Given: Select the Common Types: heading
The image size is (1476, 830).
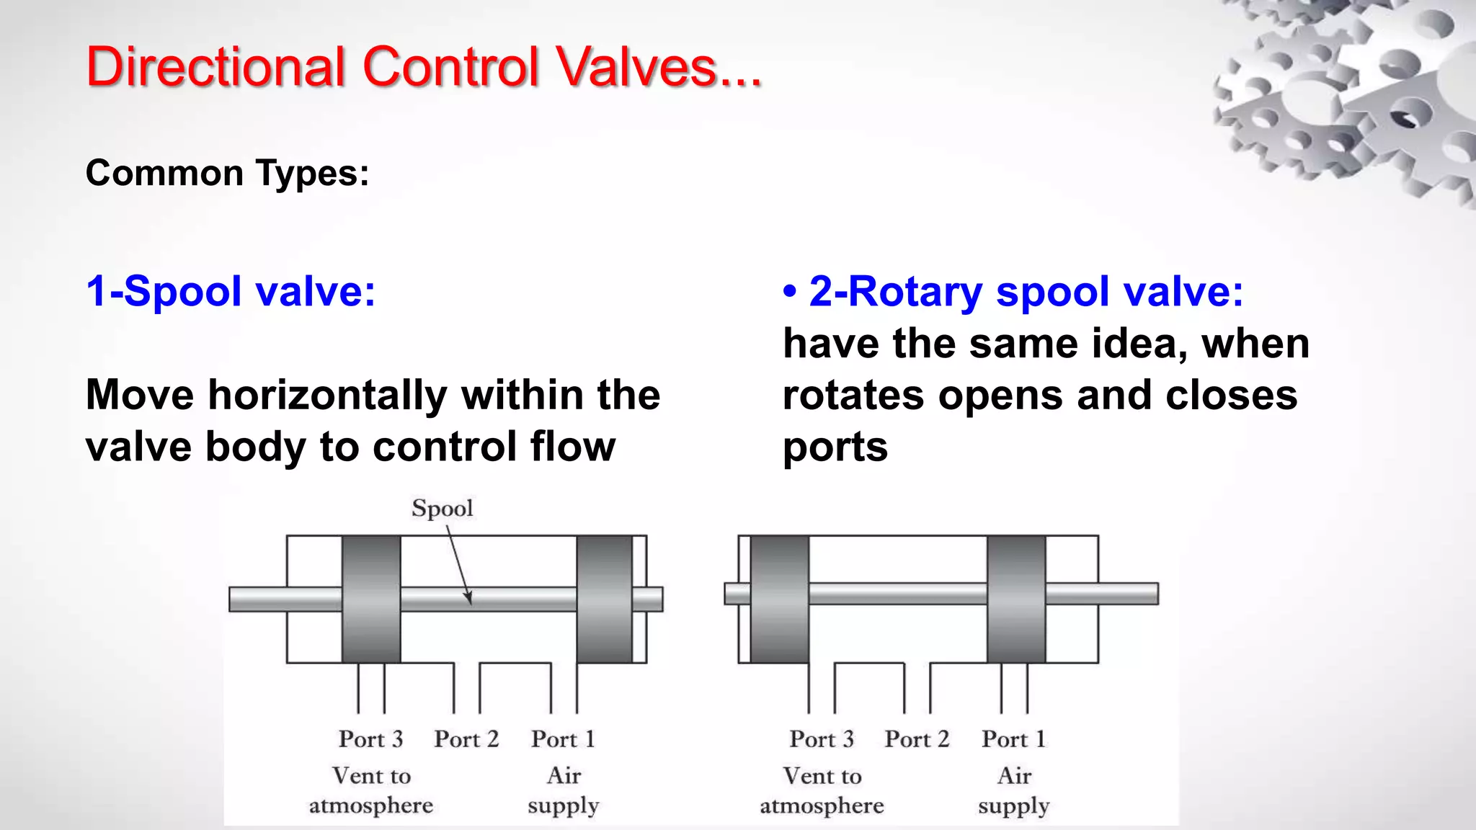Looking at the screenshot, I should [227, 174].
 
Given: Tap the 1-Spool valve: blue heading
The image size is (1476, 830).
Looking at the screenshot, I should [231, 292].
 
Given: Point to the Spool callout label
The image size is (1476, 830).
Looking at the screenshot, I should [442, 508].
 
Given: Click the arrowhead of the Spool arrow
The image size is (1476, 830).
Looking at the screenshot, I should [469, 599].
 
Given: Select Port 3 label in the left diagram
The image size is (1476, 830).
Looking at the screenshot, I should [370, 739].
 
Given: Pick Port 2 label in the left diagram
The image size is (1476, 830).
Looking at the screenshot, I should [466, 739].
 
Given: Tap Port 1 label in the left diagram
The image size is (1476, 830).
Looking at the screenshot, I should [563, 739].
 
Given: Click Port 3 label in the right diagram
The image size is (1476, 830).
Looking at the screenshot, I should [822, 739].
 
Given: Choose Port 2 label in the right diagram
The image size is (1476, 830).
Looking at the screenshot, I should [917, 739].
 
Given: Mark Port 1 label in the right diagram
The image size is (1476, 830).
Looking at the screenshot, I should [1013, 739].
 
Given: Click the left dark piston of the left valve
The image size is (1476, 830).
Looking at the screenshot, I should [371, 599].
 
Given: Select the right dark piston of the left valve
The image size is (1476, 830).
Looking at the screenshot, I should [604, 599].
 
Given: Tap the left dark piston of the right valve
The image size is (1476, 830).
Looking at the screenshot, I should [779, 599].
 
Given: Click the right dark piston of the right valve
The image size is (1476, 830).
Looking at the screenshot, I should [1015, 599].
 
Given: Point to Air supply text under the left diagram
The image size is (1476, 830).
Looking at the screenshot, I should [564, 790].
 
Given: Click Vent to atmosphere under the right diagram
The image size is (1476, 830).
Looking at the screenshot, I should [822, 790].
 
